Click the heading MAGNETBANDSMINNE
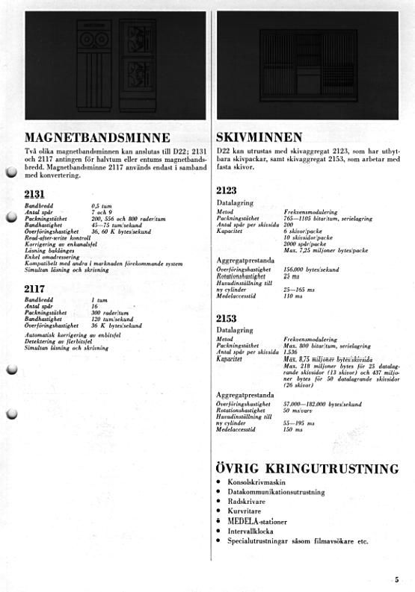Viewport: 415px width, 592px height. click(x=97, y=137)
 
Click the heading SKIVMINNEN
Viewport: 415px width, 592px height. click(x=259, y=137)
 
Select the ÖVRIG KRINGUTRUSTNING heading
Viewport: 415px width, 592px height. click(x=307, y=469)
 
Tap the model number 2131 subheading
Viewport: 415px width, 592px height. click(x=34, y=194)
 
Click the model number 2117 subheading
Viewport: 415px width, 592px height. click(x=34, y=289)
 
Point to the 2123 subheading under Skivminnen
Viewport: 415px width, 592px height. click(x=227, y=191)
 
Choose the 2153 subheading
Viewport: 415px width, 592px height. click(x=227, y=318)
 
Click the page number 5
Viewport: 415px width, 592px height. click(x=397, y=579)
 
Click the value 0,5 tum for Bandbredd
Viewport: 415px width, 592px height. click(x=102, y=205)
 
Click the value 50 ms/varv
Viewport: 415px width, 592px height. click(x=298, y=410)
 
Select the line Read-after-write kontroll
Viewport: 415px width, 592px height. click(x=58, y=237)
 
